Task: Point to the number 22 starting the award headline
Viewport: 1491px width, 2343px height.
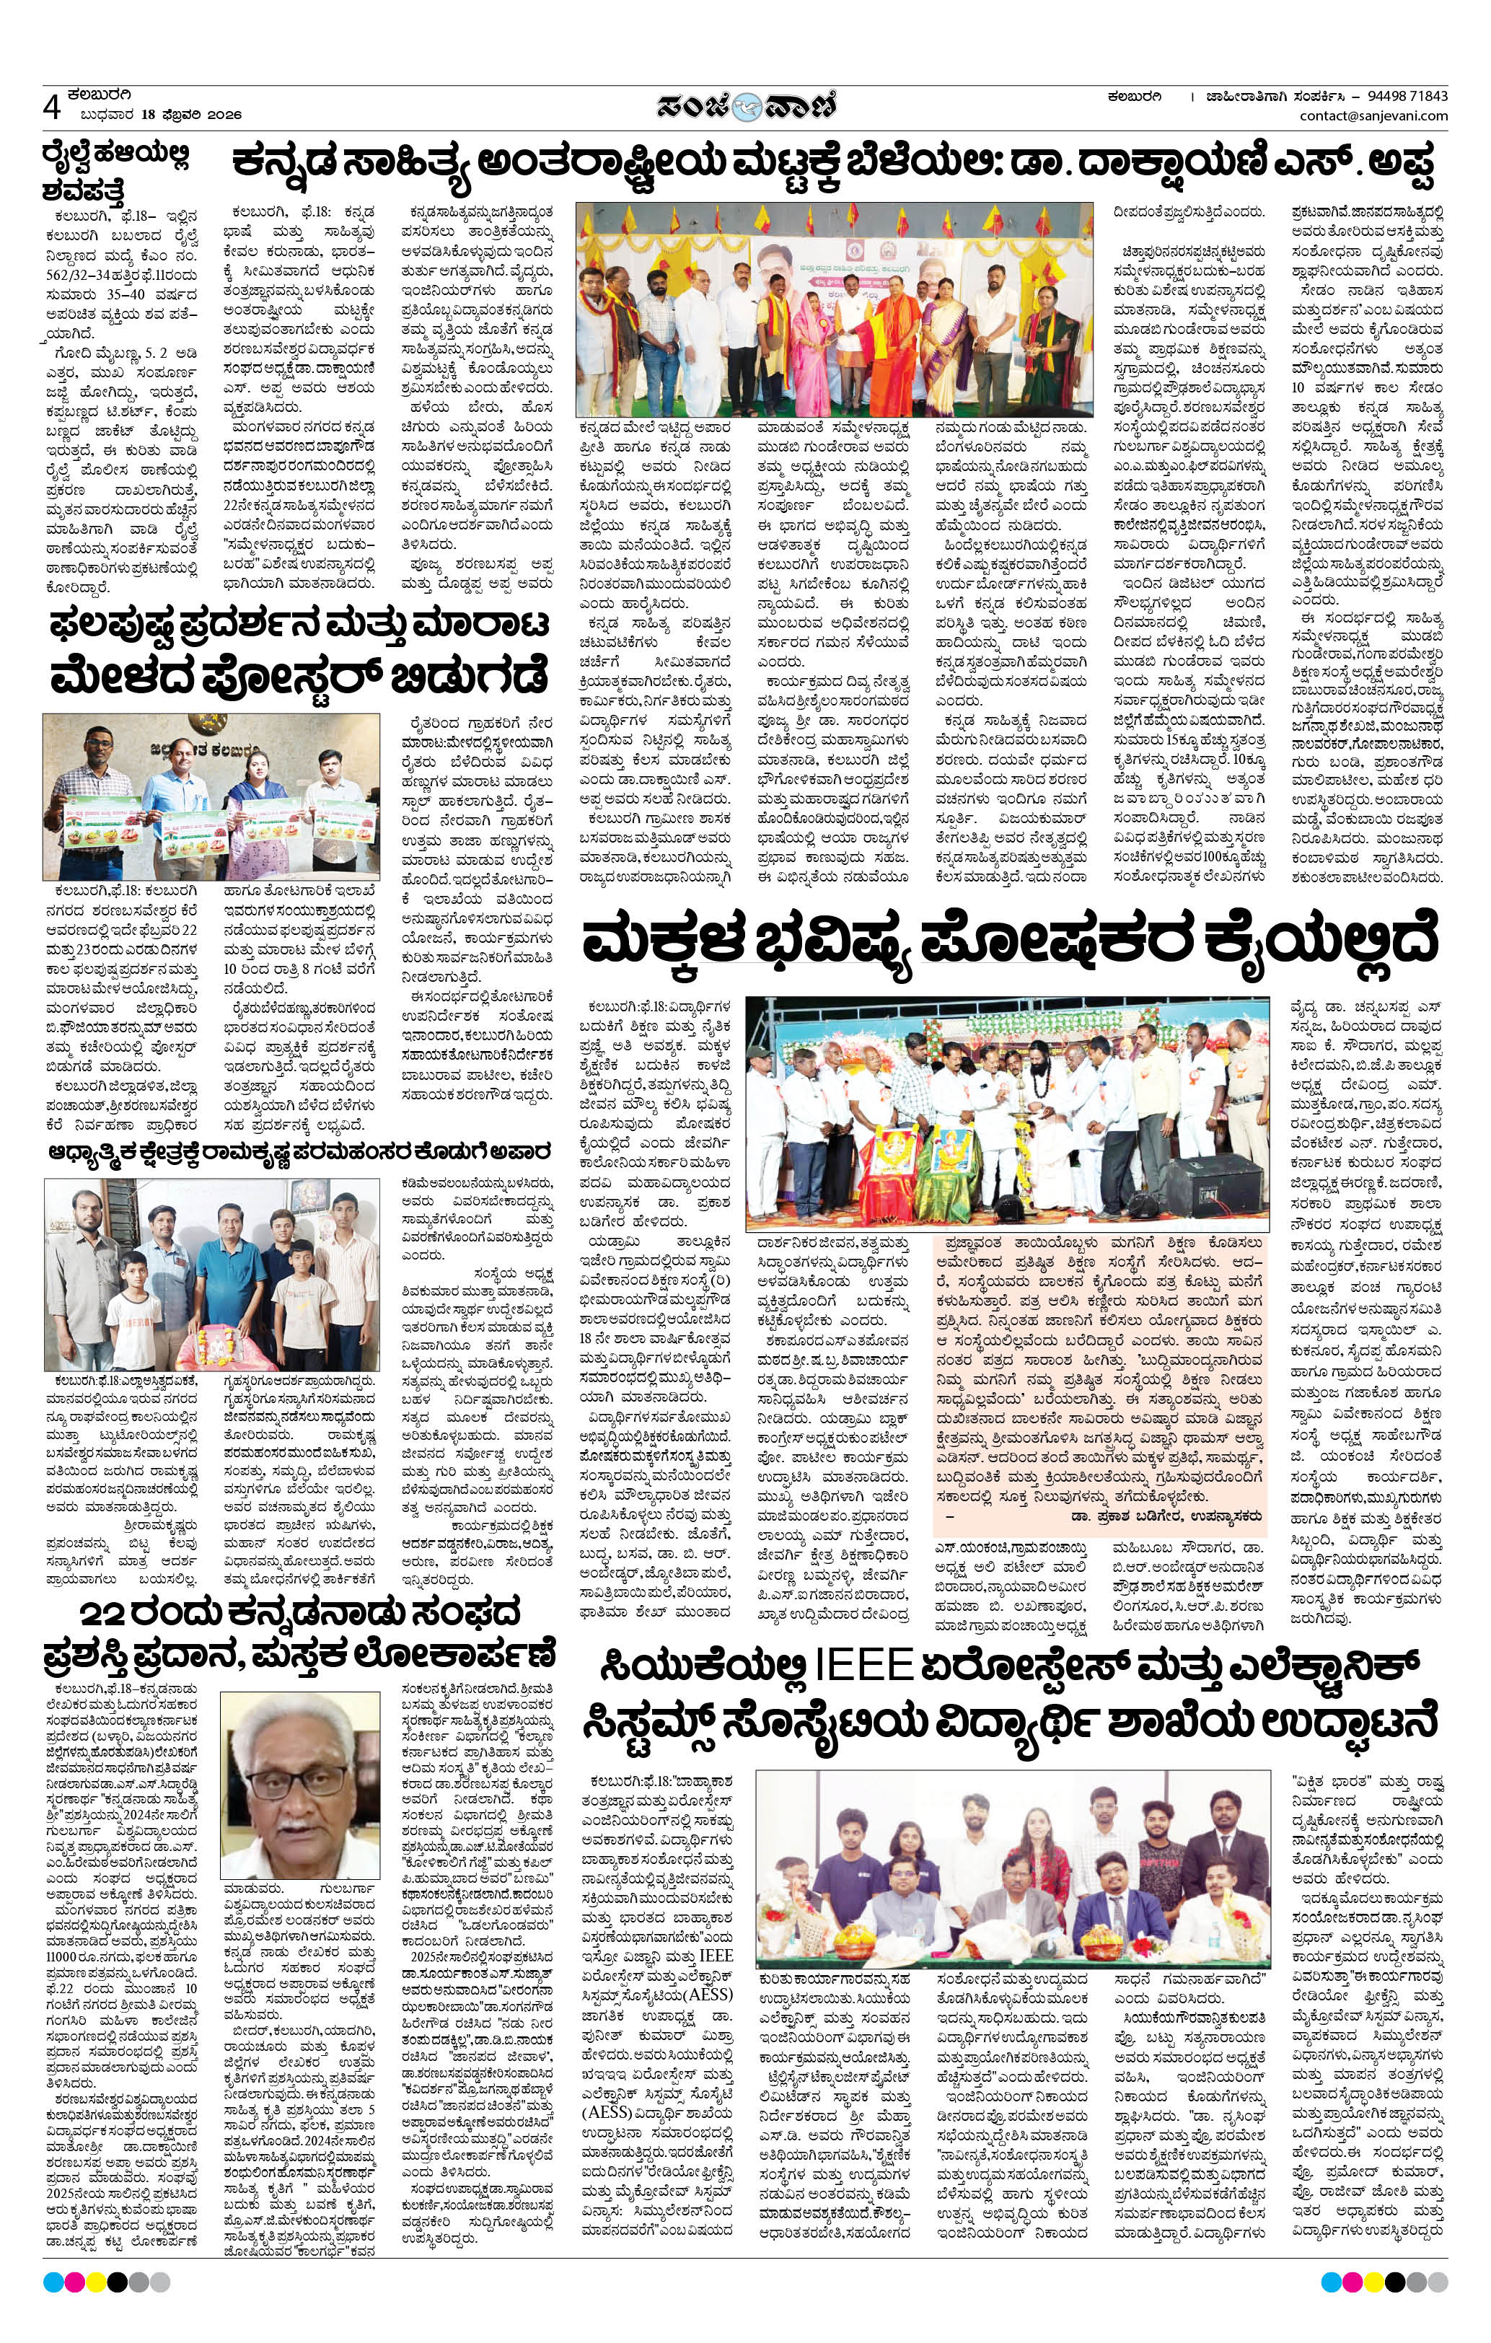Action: coord(112,1609)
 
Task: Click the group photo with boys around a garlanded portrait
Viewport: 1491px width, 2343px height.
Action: coord(211,1275)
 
